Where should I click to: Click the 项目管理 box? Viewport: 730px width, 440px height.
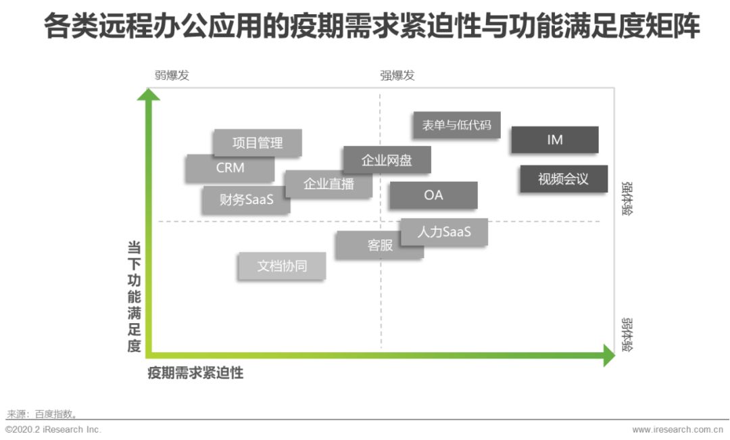[258, 143]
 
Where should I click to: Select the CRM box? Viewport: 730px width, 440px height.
[230, 168]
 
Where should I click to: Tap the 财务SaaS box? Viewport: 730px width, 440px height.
[246, 199]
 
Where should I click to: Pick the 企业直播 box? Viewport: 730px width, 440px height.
[328, 183]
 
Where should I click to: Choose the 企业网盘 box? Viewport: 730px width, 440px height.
[387, 160]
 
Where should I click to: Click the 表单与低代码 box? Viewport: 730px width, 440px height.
[456, 125]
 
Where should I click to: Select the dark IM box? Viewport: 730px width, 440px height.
[554, 140]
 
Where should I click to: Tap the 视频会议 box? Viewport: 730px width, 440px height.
[563, 179]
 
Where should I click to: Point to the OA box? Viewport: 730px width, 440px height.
[433, 195]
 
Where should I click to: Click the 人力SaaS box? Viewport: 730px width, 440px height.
[444, 232]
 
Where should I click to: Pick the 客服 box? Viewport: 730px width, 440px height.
[380, 245]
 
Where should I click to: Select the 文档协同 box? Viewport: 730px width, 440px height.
[282, 266]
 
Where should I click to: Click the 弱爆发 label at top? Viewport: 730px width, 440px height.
[172, 75]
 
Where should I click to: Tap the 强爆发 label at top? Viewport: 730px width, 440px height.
[397, 75]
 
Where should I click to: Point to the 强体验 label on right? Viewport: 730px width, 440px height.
[627, 197]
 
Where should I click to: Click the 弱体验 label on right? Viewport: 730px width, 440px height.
[627, 334]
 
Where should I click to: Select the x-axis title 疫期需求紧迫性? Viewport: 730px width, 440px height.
[195, 372]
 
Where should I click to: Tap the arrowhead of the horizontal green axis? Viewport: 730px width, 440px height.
[608, 356]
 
